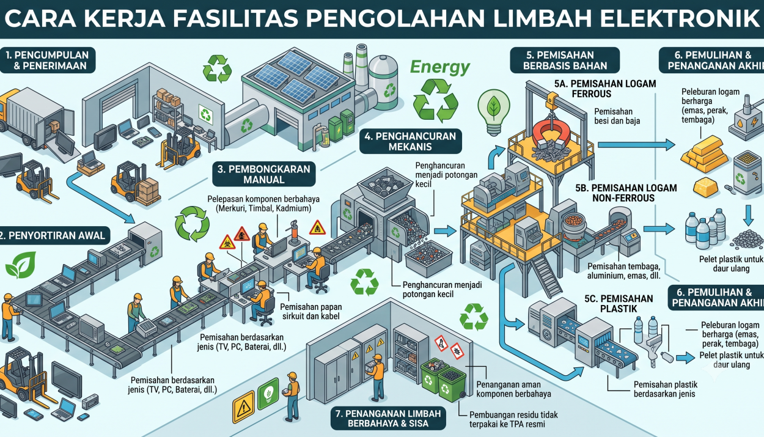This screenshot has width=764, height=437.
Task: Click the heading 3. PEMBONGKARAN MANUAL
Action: click(263, 174)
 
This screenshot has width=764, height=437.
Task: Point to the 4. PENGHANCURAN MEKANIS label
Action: click(410, 141)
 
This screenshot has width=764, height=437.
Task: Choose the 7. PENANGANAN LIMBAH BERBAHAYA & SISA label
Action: click(388, 418)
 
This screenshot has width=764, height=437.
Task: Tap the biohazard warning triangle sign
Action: click(227, 242)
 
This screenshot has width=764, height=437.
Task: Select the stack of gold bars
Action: click(704, 153)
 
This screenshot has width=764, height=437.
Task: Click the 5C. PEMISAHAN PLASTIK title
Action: click(619, 304)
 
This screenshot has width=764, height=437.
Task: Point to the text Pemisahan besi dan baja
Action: click(617, 116)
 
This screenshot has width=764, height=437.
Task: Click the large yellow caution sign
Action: click(243, 406)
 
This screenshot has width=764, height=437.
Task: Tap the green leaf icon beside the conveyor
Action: click(21, 265)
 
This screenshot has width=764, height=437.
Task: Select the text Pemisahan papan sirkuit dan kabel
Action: click(310, 312)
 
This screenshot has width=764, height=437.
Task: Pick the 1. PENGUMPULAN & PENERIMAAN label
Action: click(47, 60)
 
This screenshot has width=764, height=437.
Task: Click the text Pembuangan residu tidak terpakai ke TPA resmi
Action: click(513, 420)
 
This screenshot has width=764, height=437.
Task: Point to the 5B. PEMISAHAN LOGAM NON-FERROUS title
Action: click(626, 193)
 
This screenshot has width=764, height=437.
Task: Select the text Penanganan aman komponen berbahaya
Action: click(513, 389)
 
